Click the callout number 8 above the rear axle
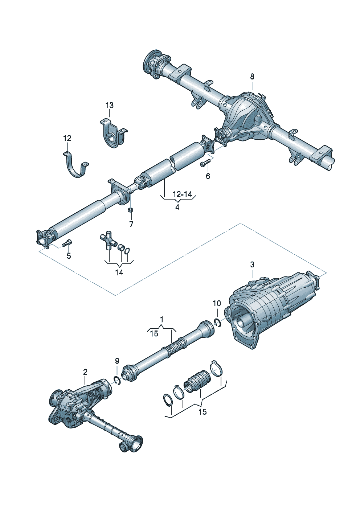pos(252,77)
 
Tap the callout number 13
pos(109,105)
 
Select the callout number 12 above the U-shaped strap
pos(67,138)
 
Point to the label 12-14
pos(182,194)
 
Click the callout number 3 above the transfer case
pos(252,265)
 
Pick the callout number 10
pos(216,303)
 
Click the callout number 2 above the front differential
pos(85,372)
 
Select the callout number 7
pos(131,224)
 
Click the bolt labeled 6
pos(205,163)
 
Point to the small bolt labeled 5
pos(67,243)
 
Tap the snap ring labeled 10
pos(218,323)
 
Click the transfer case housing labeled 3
pos(272,305)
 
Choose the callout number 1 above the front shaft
pos(161,320)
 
